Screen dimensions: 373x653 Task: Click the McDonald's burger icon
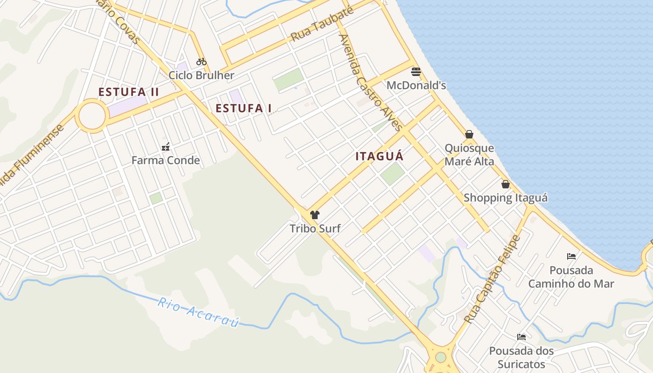coord(416,72)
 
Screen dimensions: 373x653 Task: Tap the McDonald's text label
coord(416,85)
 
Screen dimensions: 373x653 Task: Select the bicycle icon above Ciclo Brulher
coord(201,62)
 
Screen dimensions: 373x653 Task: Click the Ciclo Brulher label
coord(201,75)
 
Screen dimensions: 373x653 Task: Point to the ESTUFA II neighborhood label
coord(129,92)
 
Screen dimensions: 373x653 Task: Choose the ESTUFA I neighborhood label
coord(243,108)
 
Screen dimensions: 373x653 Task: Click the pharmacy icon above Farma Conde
coord(165,147)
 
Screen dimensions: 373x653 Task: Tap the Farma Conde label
coord(166,160)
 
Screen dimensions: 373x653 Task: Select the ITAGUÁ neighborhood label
coord(379,156)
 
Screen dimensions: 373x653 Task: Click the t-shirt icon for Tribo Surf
coord(315,215)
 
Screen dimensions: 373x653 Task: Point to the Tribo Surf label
coord(315,228)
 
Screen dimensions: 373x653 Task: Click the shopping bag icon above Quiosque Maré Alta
coord(469,135)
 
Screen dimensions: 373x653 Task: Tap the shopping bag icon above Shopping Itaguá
coord(506,184)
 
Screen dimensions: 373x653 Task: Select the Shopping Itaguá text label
coord(506,198)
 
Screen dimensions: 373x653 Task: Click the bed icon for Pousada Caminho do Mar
coord(571,256)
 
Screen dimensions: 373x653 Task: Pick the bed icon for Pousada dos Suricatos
coord(521,337)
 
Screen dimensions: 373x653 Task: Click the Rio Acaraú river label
coord(198,312)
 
